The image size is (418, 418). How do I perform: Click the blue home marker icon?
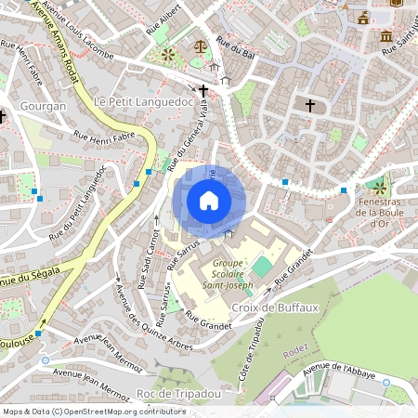pyautogui.click(x=209, y=201)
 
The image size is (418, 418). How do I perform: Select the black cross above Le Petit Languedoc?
pyautogui.click(x=203, y=90)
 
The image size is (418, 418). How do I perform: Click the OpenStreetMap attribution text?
pyautogui.click(x=93, y=411)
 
